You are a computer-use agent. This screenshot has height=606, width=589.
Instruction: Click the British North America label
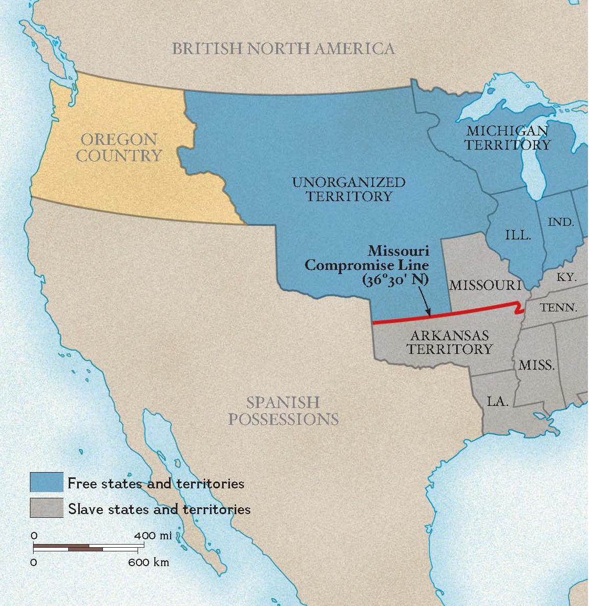(x=283, y=49)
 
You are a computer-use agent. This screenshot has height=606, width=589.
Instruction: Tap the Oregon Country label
(x=120, y=148)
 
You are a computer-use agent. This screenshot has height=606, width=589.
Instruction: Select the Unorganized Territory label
(x=349, y=190)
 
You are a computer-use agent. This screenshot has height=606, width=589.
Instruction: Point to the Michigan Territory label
(x=507, y=138)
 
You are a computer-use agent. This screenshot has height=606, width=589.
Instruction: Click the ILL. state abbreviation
(x=518, y=235)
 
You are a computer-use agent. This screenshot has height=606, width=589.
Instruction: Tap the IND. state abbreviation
(x=561, y=222)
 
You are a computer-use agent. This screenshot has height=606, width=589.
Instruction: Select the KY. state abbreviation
(x=566, y=277)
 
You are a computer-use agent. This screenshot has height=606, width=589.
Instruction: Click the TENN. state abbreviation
(x=559, y=308)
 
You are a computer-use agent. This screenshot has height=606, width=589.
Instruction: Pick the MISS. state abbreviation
(x=537, y=365)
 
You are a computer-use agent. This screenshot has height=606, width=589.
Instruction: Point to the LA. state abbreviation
(x=498, y=402)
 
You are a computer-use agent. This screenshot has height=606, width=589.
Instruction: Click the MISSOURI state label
(x=485, y=285)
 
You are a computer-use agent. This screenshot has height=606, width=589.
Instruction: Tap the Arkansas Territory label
(x=450, y=342)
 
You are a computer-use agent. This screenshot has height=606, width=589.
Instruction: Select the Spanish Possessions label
(x=283, y=411)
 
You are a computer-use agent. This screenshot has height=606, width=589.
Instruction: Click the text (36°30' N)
(x=395, y=280)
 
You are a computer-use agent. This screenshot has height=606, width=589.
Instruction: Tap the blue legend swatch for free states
(x=46, y=483)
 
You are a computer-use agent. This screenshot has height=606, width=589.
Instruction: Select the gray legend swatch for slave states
(x=46, y=508)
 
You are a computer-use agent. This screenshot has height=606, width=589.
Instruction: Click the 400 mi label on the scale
(x=152, y=536)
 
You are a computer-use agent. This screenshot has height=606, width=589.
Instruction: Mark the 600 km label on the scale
(x=149, y=562)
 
